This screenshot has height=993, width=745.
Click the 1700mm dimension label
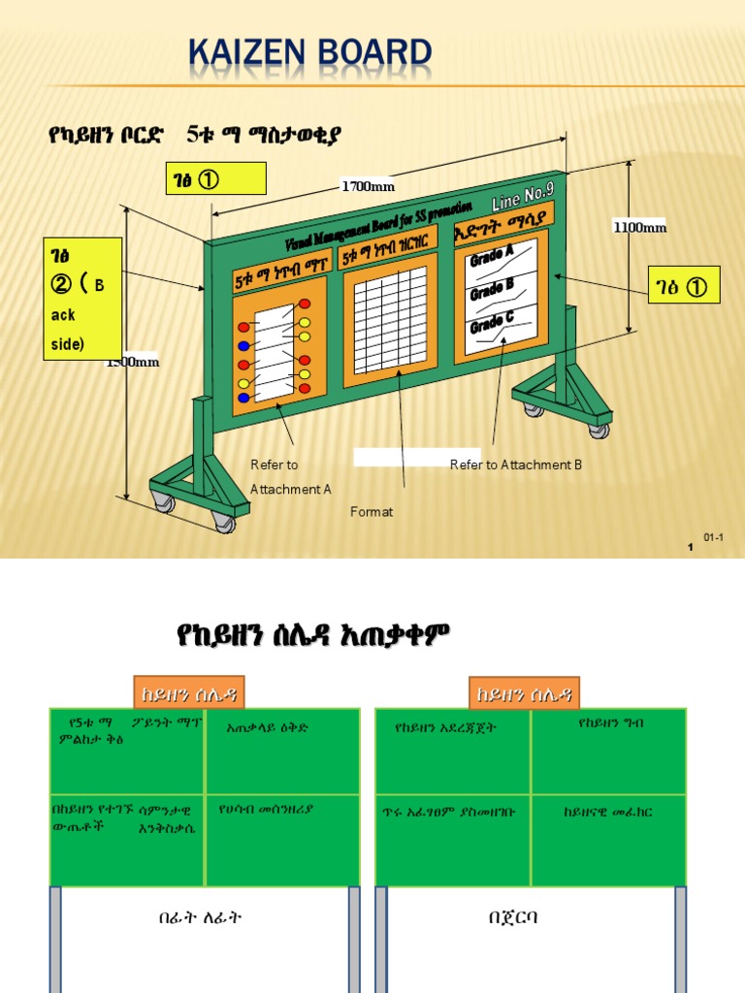coord(369,186)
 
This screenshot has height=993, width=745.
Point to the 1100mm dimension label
coord(639,227)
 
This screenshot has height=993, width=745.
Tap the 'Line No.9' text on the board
coord(521,197)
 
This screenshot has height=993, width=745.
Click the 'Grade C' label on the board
coord(492,322)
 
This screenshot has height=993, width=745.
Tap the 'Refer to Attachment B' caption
coord(516,465)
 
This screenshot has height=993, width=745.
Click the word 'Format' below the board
coord(372,512)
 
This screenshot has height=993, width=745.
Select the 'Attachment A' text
coord(290,490)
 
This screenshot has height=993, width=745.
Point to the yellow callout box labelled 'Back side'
coord(82,299)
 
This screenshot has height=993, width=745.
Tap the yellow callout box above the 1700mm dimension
coord(214,179)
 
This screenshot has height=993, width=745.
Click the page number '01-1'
coord(714,537)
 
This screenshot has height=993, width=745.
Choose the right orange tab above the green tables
coord(524,692)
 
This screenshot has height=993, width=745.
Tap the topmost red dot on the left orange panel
coord(305,304)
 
